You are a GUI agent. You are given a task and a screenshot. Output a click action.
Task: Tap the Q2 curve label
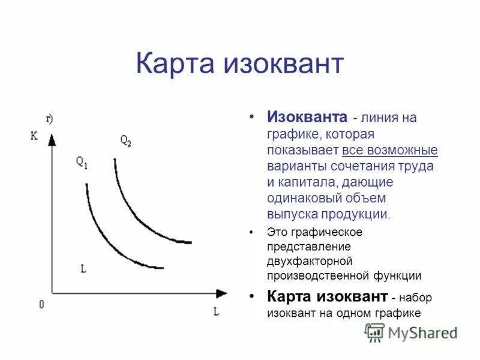[125, 141]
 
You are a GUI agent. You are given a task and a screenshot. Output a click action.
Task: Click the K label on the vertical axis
[34, 136]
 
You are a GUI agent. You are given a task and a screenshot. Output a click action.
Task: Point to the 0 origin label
[41, 305]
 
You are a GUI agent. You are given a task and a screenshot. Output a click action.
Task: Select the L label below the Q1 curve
[83, 269]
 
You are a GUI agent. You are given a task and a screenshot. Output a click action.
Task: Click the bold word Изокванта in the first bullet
[307, 116]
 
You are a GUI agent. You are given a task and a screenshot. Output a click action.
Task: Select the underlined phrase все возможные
[390, 149]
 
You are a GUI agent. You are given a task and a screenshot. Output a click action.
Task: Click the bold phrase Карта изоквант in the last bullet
[327, 296]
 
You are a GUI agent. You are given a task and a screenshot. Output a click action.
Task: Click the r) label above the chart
[49, 119]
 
